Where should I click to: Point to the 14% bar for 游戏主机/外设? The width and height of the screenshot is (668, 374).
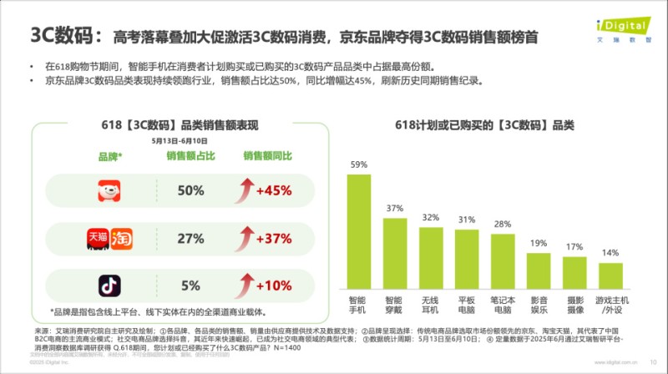(610, 275)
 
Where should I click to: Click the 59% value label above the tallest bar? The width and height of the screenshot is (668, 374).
(358, 164)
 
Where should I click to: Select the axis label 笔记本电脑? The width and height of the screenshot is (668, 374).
(502, 305)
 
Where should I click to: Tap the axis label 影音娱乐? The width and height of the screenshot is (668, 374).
(539, 305)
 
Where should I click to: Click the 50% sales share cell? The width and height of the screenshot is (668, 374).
(190, 191)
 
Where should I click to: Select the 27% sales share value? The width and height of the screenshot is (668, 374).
(190, 239)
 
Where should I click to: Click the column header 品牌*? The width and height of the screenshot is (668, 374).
(110, 156)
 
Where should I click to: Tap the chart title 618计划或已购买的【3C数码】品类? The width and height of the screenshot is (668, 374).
(484, 125)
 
